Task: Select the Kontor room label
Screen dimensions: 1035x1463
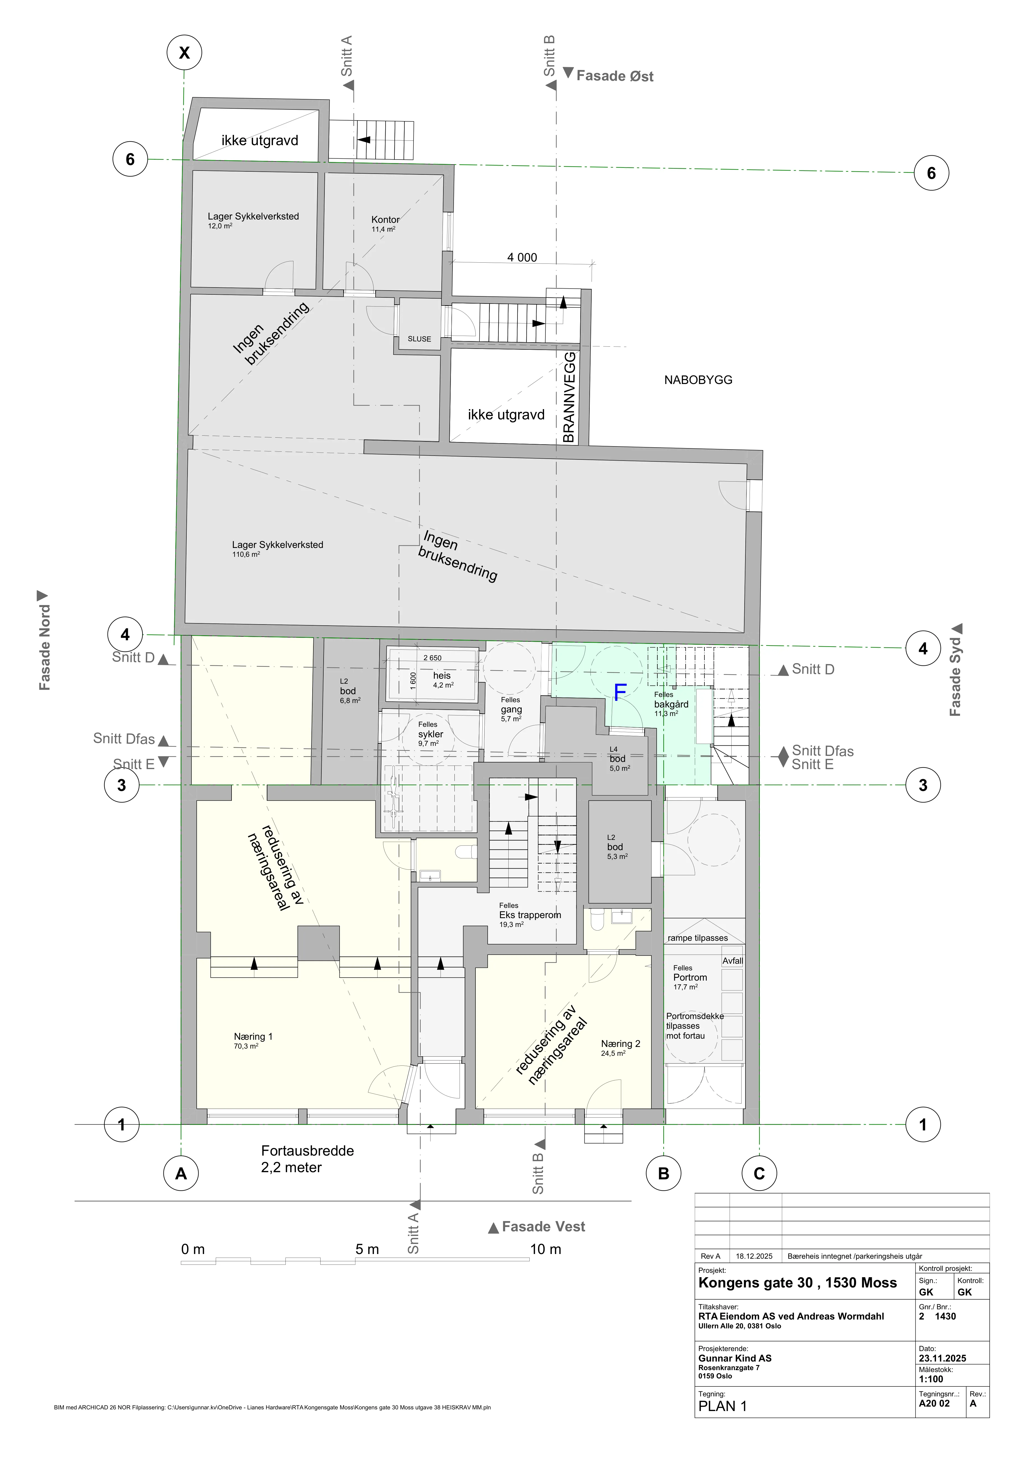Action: coord(386,219)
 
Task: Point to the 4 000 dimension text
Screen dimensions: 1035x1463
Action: coord(522,257)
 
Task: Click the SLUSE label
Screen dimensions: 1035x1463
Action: coord(419,339)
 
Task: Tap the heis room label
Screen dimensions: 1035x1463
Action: coord(442,675)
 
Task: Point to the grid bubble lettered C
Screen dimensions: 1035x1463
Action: coord(759,1174)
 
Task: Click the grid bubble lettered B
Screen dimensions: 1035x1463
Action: coord(664,1174)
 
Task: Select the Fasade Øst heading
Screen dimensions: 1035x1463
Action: coord(615,76)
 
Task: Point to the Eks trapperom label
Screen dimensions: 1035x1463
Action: coord(530,915)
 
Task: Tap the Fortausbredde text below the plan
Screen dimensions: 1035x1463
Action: coord(307,1151)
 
